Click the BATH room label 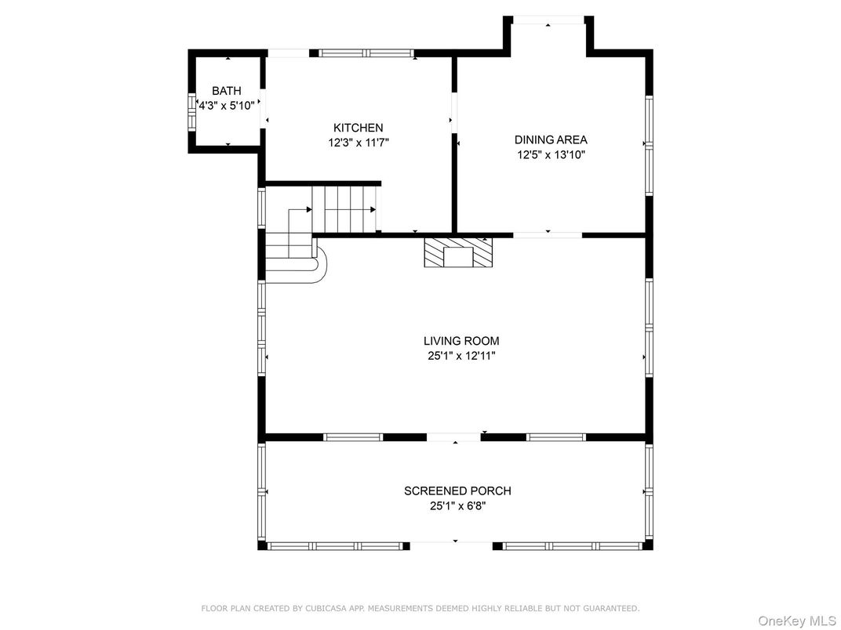(x=227, y=91)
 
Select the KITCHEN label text (x=359, y=128)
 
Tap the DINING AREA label (x=551, y=139)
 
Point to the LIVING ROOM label (x=461, y=341)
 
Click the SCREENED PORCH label (x=457, y=491)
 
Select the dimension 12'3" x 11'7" (x=359, y=143)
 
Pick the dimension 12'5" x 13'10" (x=551, y=155)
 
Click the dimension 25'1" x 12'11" (x=461, y=356)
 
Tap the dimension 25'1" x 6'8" (x=457, y=505)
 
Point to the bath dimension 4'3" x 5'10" (x=227, y=106)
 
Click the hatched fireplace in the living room (x=458, y=252)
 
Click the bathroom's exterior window (x=191, y=112)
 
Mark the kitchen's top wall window (x=366, y=53)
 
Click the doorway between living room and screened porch (x=453, y=437)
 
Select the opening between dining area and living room (x=548, y=234)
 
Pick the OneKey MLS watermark (x=797, y=621)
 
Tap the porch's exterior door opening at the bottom (x=452, y=546)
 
